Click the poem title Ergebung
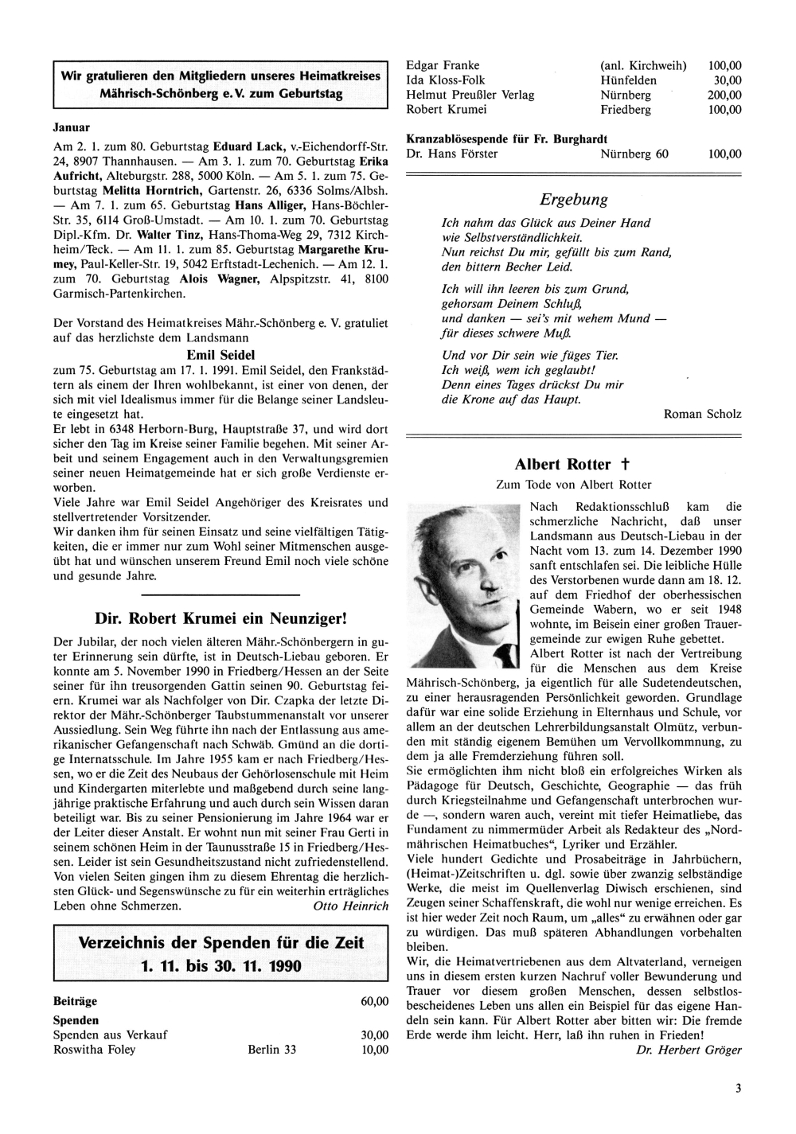coord(573,200)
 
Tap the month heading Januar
coord(71,127)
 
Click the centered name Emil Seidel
coord(220,355)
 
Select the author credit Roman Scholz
coord(701,414)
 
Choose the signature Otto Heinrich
coord(351,906)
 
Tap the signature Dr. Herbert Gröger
coord(689,1050)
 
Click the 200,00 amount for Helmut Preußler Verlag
coord(724,95)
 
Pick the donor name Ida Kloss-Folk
coord(445,80)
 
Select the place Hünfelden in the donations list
coord(628,80)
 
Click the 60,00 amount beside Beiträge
coord(374,1001)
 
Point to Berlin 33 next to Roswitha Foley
coord(271,1050)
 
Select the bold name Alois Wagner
coord(218,279)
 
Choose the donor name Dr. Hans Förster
coord(451,154)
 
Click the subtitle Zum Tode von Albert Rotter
coord(573,485)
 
